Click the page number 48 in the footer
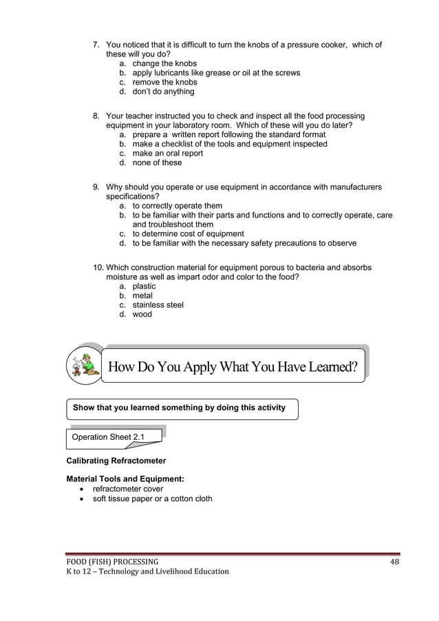point(394,561)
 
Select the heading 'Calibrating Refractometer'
point(116,460)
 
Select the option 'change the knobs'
point(164,63)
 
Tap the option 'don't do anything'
point(163,92)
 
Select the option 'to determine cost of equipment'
point(188,233)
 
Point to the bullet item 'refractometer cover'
point(127,489)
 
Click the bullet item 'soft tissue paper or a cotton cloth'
point(153,498)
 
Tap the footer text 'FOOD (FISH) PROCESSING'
point(112,561)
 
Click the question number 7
point(96,45)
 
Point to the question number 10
point(98,267)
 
